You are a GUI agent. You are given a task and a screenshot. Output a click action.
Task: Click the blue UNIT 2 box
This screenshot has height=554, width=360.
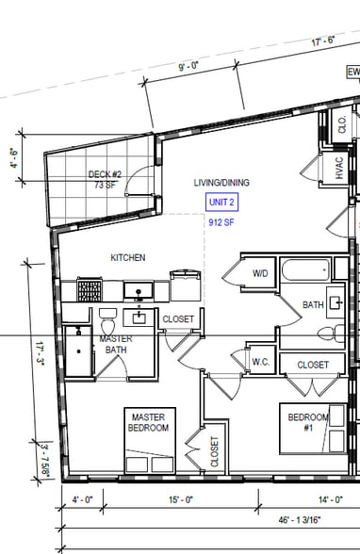coord(221,202)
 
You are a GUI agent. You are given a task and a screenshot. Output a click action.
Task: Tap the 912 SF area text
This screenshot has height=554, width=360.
coord(221,222)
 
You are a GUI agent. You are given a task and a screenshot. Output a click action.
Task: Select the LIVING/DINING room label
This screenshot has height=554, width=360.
coord(221,183)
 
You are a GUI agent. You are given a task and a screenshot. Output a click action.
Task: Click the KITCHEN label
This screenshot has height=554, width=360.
coord(128,257)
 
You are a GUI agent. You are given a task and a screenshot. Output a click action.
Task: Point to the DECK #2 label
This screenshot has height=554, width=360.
coord(105,174)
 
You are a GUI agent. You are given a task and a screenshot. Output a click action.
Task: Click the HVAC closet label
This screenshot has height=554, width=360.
coord(339,168)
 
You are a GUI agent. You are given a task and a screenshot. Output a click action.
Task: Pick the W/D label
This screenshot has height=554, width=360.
coord(260,273)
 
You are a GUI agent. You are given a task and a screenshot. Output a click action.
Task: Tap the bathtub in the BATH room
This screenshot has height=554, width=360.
coord(306,270)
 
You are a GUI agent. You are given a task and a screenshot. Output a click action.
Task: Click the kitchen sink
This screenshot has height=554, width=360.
coord(139,291)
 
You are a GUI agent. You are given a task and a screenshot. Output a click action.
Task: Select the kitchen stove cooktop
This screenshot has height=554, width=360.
coord(90,290)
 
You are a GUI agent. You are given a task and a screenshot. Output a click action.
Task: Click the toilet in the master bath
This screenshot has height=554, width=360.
coord(107,320)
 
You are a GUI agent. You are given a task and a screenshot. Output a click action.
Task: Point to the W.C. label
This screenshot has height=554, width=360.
coord(261,362)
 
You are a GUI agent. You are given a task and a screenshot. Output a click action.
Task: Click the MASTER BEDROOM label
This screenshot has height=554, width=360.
coord(148,422)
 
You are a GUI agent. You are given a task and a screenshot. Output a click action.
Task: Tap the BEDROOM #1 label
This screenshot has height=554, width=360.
coord(308,422)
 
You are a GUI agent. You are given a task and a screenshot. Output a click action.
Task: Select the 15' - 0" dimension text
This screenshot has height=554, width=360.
coord(181,500)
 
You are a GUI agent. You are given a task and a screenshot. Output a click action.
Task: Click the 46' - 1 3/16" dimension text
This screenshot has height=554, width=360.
coord(300,520)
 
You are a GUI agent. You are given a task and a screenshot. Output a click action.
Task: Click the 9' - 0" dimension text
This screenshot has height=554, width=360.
coord(188,66)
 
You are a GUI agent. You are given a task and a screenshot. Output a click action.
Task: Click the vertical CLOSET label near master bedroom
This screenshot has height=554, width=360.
coord(215,452)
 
